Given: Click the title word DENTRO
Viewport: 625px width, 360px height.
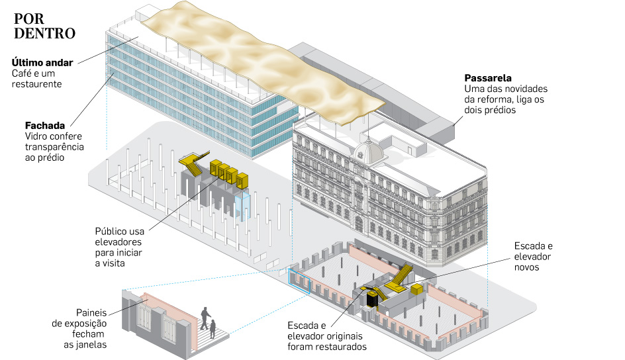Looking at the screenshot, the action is (44, 34).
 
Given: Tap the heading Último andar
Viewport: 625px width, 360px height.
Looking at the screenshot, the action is (42, 62).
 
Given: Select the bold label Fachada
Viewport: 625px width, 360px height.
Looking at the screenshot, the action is (44, 126).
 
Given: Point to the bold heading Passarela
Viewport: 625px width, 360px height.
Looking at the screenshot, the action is (488, 78).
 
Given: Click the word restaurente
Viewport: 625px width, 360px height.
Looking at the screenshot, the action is (36, 84).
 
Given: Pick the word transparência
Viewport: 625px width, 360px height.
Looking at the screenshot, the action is (54, 147).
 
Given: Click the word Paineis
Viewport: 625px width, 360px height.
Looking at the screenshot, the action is (91, 312).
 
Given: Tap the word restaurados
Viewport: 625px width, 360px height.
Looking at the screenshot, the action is (341, 347).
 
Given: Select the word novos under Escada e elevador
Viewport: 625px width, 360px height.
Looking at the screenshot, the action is (526, 267).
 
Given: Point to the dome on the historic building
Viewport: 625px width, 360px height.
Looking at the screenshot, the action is (369, 152).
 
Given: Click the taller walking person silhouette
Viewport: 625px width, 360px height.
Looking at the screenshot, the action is (205, 318).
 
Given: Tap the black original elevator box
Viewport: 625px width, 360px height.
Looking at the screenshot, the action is (373, 299).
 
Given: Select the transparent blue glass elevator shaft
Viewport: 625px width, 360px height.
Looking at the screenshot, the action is (243, 206).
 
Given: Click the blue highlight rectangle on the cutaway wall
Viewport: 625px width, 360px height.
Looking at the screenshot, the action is (299, 281).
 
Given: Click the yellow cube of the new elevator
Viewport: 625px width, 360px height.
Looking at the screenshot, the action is (417, 289).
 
